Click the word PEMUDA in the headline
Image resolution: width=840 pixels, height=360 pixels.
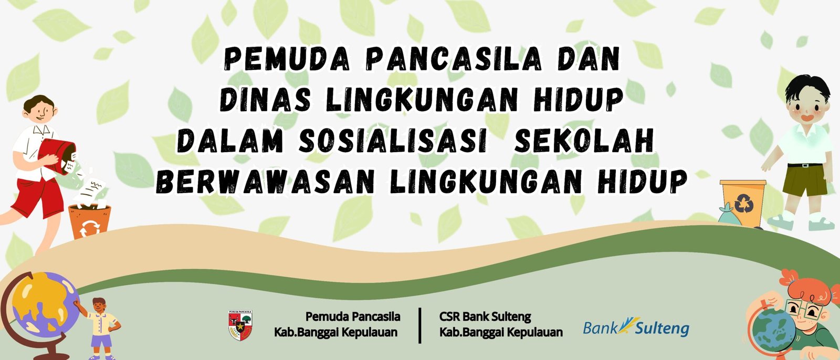287,59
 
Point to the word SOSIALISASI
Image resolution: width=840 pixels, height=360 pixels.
393,141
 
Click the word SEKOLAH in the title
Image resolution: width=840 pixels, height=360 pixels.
584,141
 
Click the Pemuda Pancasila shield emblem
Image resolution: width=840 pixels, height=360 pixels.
240,325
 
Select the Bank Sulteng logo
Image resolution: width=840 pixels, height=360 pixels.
636,327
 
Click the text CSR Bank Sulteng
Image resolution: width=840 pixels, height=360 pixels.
485,317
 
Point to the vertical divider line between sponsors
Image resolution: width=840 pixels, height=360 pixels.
419,325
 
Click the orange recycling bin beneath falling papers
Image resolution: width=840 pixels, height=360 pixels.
90,221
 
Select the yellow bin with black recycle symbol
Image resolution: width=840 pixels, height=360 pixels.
743,203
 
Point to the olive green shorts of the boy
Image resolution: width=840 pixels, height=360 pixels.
805,181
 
